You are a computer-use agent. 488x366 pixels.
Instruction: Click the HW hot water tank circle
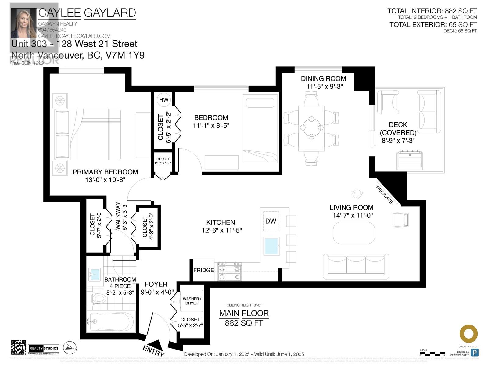(164, 100)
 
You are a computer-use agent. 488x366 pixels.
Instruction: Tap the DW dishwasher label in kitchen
(271, 221)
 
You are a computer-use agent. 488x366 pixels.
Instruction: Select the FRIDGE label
(203, 270)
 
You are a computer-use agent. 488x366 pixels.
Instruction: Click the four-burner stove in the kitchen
(229, 273)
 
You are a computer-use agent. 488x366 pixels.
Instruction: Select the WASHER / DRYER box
(192, 301)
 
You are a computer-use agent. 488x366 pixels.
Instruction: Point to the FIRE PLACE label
(384, 195)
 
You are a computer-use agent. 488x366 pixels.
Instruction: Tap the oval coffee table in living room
(354, 233)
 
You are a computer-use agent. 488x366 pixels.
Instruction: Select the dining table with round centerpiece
(311, 128)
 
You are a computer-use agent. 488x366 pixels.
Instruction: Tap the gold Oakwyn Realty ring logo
(468, 334)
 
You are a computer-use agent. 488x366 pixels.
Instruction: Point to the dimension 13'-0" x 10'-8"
(105, 180)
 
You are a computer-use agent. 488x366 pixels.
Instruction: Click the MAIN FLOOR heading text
(244, 313)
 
